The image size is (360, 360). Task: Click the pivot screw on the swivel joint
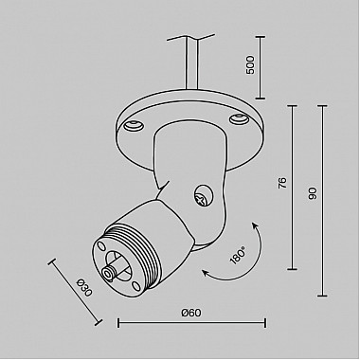(x=201, y=196)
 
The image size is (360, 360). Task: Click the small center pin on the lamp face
(x=114, y=271)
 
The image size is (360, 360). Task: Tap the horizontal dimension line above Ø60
(x=189, y=323)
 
